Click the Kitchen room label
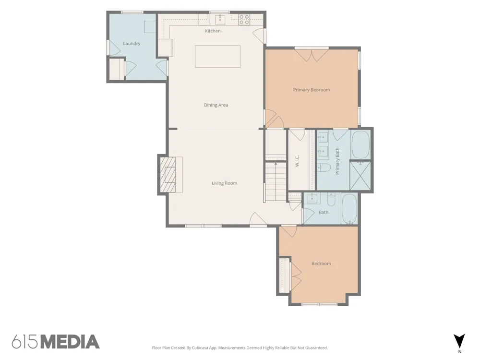point(213,31)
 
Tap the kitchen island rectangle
point(217,56)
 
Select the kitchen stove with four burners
point(244,19)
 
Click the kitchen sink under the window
point(220,19)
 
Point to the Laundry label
point(132,44)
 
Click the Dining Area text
point(216,105)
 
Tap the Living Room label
point(224,183)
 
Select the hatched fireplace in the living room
point(168,175)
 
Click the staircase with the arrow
point(276,182)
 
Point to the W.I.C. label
point(297,161)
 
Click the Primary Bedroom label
point(312,90)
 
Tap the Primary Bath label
point(337,161)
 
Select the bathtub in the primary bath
point(361,145)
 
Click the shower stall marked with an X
point(360,176)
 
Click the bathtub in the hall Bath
point(349,209)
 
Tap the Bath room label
point(324,212)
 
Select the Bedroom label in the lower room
point(321,263)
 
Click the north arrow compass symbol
point(459,341)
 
